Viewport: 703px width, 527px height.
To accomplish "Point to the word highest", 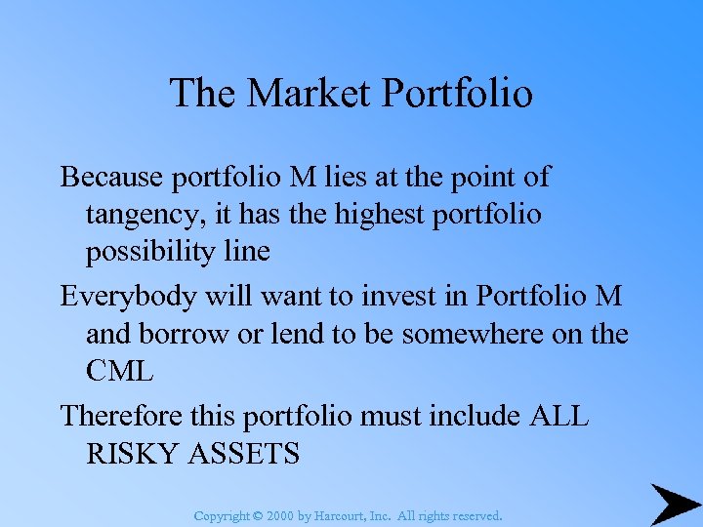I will [x=376, y=215].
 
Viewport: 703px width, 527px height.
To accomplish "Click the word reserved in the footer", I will [x=476, y=515].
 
